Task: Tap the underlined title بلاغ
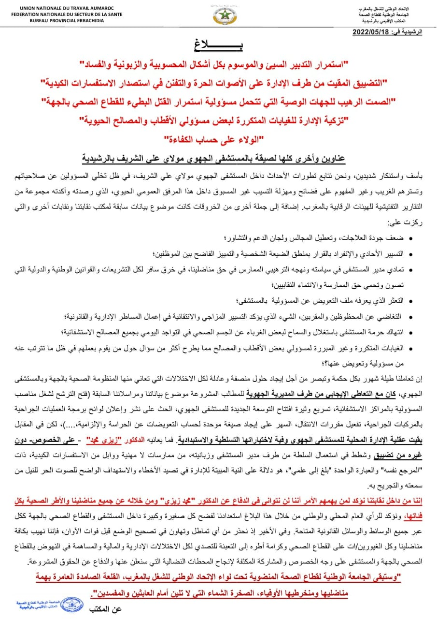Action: click(218, 47)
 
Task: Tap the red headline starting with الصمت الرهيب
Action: click(218, 103)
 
